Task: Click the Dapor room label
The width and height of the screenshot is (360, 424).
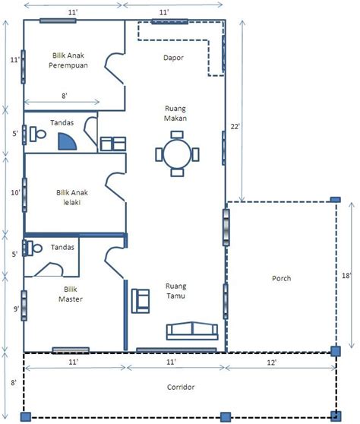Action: (173, 58)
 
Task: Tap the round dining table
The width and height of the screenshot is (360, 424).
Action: (177, 154)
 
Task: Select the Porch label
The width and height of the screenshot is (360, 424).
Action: (281, 278)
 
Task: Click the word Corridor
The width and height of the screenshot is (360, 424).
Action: (181, 387)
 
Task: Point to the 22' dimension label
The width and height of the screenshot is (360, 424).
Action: (235, 126)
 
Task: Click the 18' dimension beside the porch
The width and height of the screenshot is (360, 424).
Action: (346, 276)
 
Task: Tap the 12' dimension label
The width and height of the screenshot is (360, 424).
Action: (271, 362)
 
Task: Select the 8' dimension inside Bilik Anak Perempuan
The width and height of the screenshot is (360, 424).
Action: (65, 96)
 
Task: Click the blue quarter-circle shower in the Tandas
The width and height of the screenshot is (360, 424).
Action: (67, 142)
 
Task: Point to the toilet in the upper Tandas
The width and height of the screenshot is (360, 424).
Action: (37, 134)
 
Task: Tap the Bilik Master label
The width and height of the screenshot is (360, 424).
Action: (71, 294)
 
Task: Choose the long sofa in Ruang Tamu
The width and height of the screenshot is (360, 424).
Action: (192, 331)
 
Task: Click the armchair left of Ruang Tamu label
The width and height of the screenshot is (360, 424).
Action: (141, 301)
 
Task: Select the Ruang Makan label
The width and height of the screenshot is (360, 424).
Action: (175, 113)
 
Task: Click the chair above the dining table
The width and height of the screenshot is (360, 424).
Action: (177, 134)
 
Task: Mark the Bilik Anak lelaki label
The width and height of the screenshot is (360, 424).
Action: (72, 198)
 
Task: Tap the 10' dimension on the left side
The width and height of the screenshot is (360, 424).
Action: (15, 193)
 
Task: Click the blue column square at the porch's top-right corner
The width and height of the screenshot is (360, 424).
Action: (336, 200)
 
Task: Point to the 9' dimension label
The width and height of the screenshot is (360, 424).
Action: (16, 309)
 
